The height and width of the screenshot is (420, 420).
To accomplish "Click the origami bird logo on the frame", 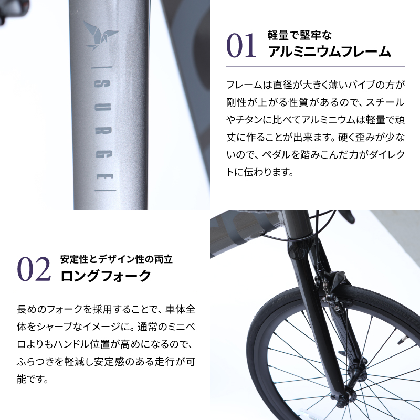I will coord(100,36).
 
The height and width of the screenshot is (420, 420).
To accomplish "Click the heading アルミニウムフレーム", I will coord(330,51).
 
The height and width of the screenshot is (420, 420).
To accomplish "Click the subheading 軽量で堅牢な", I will coord(300,36).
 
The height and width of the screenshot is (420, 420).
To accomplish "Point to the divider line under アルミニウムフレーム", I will coord(315,67).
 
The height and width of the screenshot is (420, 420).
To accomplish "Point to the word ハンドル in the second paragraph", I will coord(85,344).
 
